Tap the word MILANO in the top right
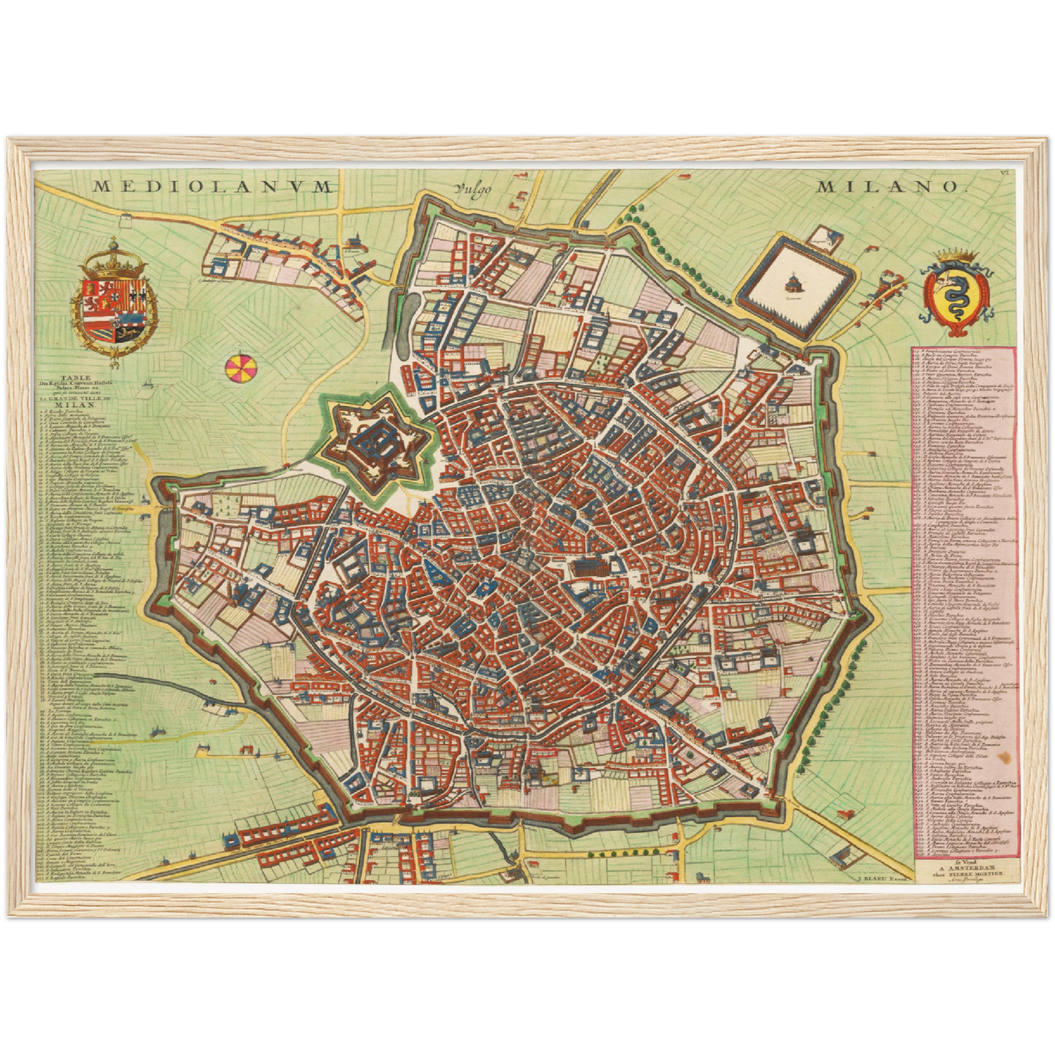click(886, 187)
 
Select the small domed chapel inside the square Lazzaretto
click(793, 281)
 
